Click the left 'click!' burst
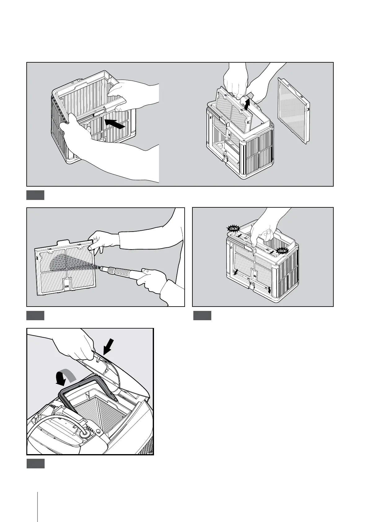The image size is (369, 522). point(233,229)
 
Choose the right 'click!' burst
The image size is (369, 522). point(282,250)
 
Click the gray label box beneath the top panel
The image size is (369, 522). point(35,195)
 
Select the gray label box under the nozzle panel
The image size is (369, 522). point(35,315)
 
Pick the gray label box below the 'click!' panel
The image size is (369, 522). point(202,315)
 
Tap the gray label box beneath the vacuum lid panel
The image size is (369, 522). point(35,463)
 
